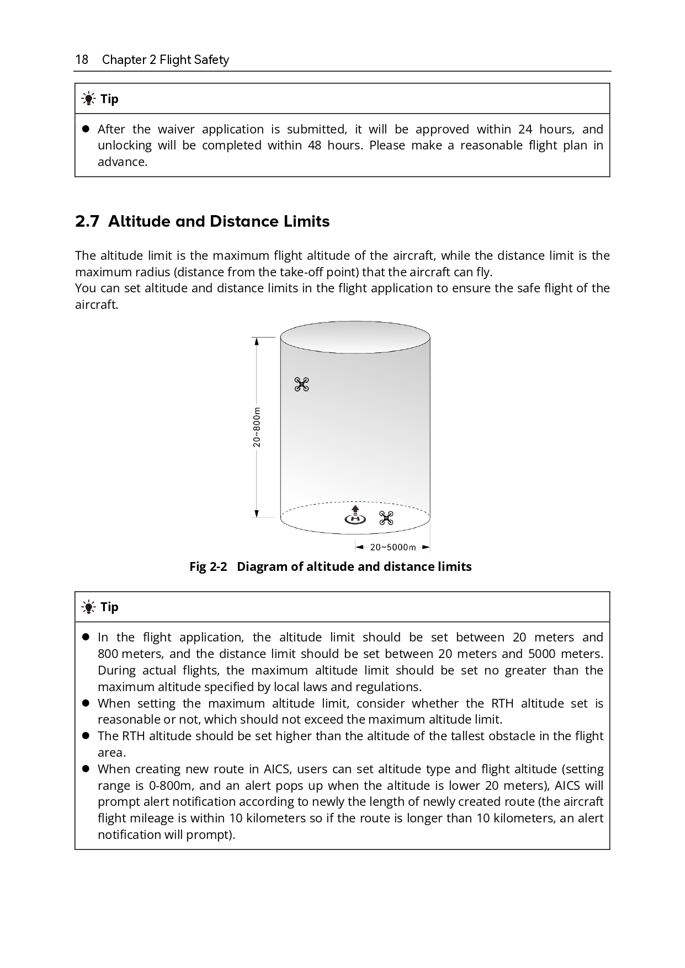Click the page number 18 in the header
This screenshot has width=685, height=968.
point(82,60)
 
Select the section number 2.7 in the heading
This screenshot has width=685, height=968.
point(87,222)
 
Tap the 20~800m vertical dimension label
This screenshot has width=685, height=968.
point(257,427)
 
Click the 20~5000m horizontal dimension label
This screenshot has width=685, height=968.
point(392,547)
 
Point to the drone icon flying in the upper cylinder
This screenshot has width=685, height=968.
point(301,384)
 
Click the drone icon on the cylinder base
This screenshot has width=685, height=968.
point(386,518)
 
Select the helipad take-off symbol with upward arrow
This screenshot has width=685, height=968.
point(355,515)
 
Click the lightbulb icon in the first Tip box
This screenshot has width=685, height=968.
point(88,99)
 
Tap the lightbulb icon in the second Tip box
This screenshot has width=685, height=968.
point(88,607)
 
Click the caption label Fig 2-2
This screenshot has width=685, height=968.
point(208,567)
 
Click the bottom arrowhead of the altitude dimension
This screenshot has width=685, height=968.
point(257,514)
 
